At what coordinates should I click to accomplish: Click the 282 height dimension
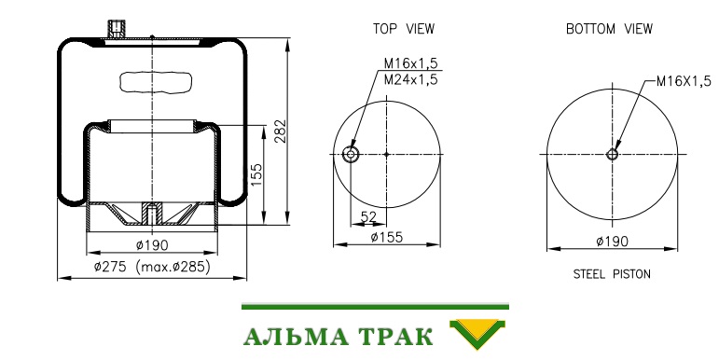(280, 132)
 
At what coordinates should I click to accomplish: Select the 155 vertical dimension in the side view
(256, 174)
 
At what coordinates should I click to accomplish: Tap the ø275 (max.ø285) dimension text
(152, 267)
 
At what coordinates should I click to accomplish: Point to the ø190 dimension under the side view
(152, 245)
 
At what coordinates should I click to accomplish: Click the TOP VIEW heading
(404, 29)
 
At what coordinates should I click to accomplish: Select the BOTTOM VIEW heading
(609, 29)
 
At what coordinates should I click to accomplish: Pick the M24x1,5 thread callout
(411, 79)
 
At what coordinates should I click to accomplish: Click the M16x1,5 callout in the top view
(411, 62)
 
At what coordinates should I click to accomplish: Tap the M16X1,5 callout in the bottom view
(684, 81)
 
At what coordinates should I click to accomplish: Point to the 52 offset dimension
(368, 216)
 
